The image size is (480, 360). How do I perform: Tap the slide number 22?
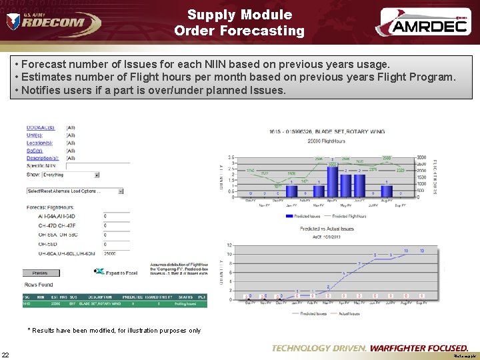point(5,354)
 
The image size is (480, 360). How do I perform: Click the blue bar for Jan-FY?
point(291,191)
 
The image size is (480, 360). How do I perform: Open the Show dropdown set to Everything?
point(70,175)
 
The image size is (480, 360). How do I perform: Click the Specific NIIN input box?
point(97,166)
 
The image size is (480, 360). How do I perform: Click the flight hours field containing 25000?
point(117,254)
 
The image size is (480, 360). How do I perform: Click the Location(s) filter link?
point(39,143)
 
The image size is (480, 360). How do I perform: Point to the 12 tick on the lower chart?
point(229,245)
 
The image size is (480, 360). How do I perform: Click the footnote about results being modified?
point(113,330)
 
